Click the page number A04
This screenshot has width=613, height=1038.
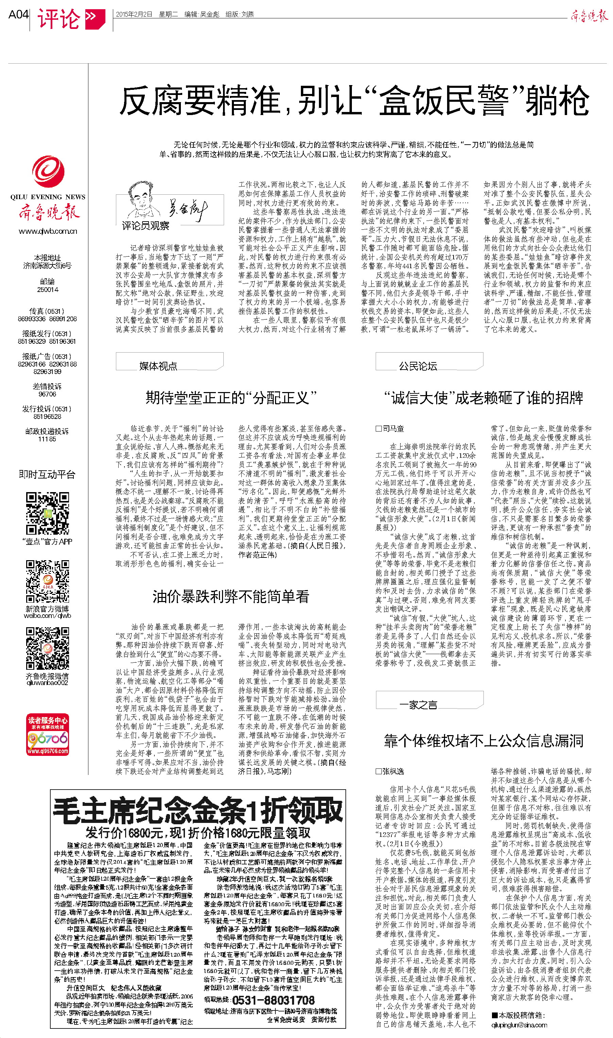(x=19, y=15)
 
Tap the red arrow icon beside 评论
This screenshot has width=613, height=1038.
(x=95, y=19)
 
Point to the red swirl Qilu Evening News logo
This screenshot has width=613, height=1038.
(x=48, y=171)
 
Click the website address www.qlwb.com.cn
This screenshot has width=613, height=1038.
(x=48, y=231)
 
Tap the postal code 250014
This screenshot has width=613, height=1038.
(x=48, y=290)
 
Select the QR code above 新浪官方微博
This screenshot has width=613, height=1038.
(x=48, y=581)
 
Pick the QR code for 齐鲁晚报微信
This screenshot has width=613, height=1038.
(x=48, y=648)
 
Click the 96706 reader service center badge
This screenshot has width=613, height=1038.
(x=48, y=734)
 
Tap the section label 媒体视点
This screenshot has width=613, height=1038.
(x=158, y=366)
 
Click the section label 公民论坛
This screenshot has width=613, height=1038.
(x=418, y=366)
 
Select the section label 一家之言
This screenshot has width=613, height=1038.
(x=418, y=705)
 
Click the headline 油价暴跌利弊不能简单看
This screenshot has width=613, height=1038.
(x=231, y=597)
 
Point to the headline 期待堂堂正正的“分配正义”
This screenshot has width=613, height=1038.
(x=231, y=398)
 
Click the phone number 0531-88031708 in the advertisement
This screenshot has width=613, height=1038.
(x=273, y=1000)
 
